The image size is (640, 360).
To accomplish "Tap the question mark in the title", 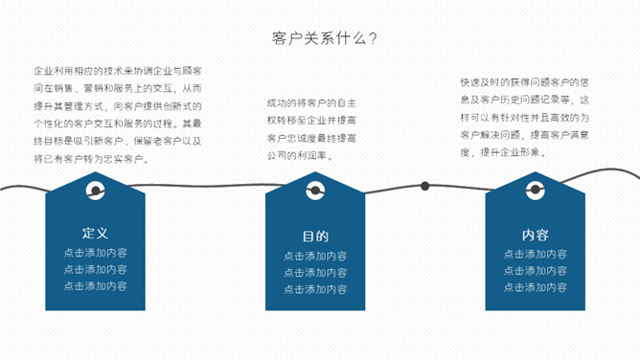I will tap(371, 38).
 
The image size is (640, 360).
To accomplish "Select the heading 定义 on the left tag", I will tap(95, 233).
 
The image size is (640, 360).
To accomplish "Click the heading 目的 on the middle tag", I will tap(315, 236).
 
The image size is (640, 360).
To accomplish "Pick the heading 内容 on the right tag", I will tap(536, 235).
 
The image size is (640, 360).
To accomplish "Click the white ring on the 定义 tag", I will tap(95, 191).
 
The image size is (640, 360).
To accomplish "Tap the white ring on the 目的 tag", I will tap(315, 191).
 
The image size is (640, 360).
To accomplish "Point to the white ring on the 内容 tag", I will tap(536, 191).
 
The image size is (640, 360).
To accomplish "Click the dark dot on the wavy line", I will tap(425, 186).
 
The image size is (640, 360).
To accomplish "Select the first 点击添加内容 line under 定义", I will tap(95, 254).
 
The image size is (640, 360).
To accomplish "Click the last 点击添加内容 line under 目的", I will tap(315, 289).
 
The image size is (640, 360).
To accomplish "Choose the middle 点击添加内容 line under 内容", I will tap(536, 271).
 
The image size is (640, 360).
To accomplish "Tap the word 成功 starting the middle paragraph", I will tap(277, 102).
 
